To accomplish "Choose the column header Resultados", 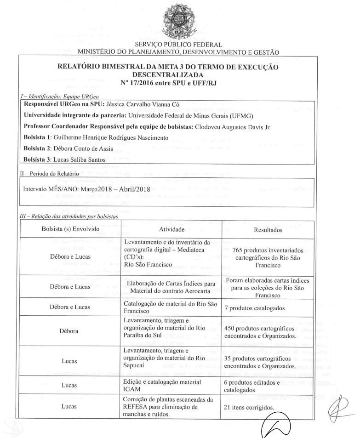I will point(269,229).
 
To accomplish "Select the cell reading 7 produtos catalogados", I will point(256,307).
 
